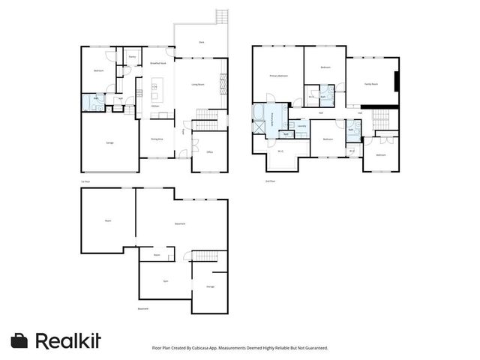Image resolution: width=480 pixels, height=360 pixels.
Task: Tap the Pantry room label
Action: click(x=132, y=56)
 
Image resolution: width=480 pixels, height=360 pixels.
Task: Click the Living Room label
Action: click(x=199, y=84)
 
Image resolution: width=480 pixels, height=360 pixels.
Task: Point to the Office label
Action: click(x=209, y=151)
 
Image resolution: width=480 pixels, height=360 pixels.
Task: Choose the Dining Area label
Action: click(x=158, y=139)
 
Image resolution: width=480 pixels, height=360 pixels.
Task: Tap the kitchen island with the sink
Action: click(x=156, y=94)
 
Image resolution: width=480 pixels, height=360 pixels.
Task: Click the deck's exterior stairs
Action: click(x=220, y=17)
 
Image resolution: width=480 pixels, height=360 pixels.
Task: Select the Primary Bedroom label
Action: click(x=280, y=76)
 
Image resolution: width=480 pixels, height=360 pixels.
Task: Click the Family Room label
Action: click(x=370, y=85)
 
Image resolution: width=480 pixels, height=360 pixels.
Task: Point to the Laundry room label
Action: click(x=301, y=126)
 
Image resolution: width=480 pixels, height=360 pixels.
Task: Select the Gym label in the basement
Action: click(x=165, y=280)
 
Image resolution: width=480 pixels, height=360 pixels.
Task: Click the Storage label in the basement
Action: click(x=210, y=286)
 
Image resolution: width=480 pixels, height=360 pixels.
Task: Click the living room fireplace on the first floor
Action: click(x=223, y=84)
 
